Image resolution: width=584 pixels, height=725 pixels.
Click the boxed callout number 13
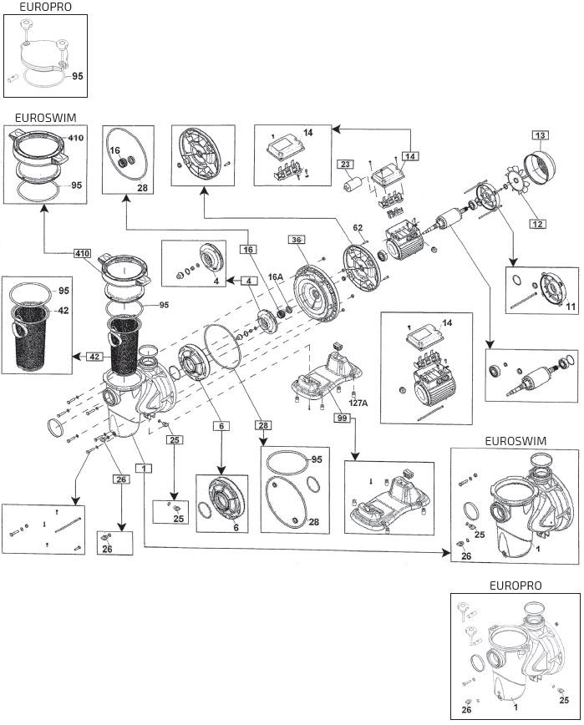541,134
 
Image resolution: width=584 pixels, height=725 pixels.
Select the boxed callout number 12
539,223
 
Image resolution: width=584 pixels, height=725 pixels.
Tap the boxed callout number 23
346,165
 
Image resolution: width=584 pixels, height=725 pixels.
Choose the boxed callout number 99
341,418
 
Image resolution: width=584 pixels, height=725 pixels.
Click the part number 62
358,226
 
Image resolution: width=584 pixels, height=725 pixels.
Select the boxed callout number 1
145,469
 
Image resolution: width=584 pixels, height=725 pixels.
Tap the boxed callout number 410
83,253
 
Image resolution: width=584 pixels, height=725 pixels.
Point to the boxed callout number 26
122,479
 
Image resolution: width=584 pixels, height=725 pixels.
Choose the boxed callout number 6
221,426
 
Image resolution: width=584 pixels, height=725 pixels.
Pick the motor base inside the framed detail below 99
388,499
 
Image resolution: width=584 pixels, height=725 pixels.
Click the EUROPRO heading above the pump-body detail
515,586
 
